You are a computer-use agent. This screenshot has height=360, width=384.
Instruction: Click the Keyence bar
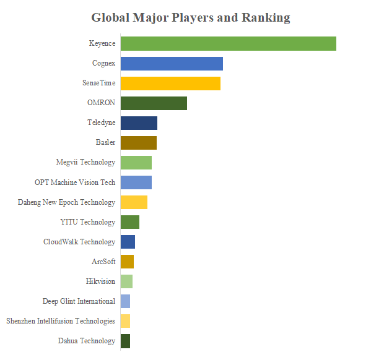tap(228, 44)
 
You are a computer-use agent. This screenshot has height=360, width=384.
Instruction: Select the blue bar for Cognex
tap(172, 64)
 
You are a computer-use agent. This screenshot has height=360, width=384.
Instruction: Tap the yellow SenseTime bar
tap(170, 84)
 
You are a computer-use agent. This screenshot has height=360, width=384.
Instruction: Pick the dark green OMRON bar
tap(154, 103)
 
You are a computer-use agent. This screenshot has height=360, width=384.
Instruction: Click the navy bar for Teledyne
tap(139, 123)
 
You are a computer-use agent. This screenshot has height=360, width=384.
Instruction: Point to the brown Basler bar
tap(138, 143)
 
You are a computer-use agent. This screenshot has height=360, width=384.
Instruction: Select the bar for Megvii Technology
tap(136, 163)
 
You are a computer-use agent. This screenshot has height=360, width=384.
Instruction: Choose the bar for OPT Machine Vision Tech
tap(136, 182)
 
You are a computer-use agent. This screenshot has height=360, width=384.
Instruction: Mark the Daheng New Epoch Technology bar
tap(134, 202)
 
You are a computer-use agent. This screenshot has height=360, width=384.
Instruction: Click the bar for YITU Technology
tap(129, 222)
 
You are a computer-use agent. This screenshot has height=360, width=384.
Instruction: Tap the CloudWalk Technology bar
tap(128, 242)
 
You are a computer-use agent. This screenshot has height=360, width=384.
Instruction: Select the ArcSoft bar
tap(127, 262)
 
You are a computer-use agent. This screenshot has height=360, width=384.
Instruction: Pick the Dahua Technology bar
tap(125, 341)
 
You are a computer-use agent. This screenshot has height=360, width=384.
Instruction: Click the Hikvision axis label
tap(100, 281)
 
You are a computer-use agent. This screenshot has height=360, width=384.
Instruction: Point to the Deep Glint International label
tap(79, 301)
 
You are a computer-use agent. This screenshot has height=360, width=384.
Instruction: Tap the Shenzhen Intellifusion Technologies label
tap(61, 321)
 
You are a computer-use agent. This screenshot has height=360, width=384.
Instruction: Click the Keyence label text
tap(102, 44)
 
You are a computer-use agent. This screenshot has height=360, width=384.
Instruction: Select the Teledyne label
tap(101, 123)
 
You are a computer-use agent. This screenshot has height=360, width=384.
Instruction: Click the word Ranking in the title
tap(266, 17)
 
